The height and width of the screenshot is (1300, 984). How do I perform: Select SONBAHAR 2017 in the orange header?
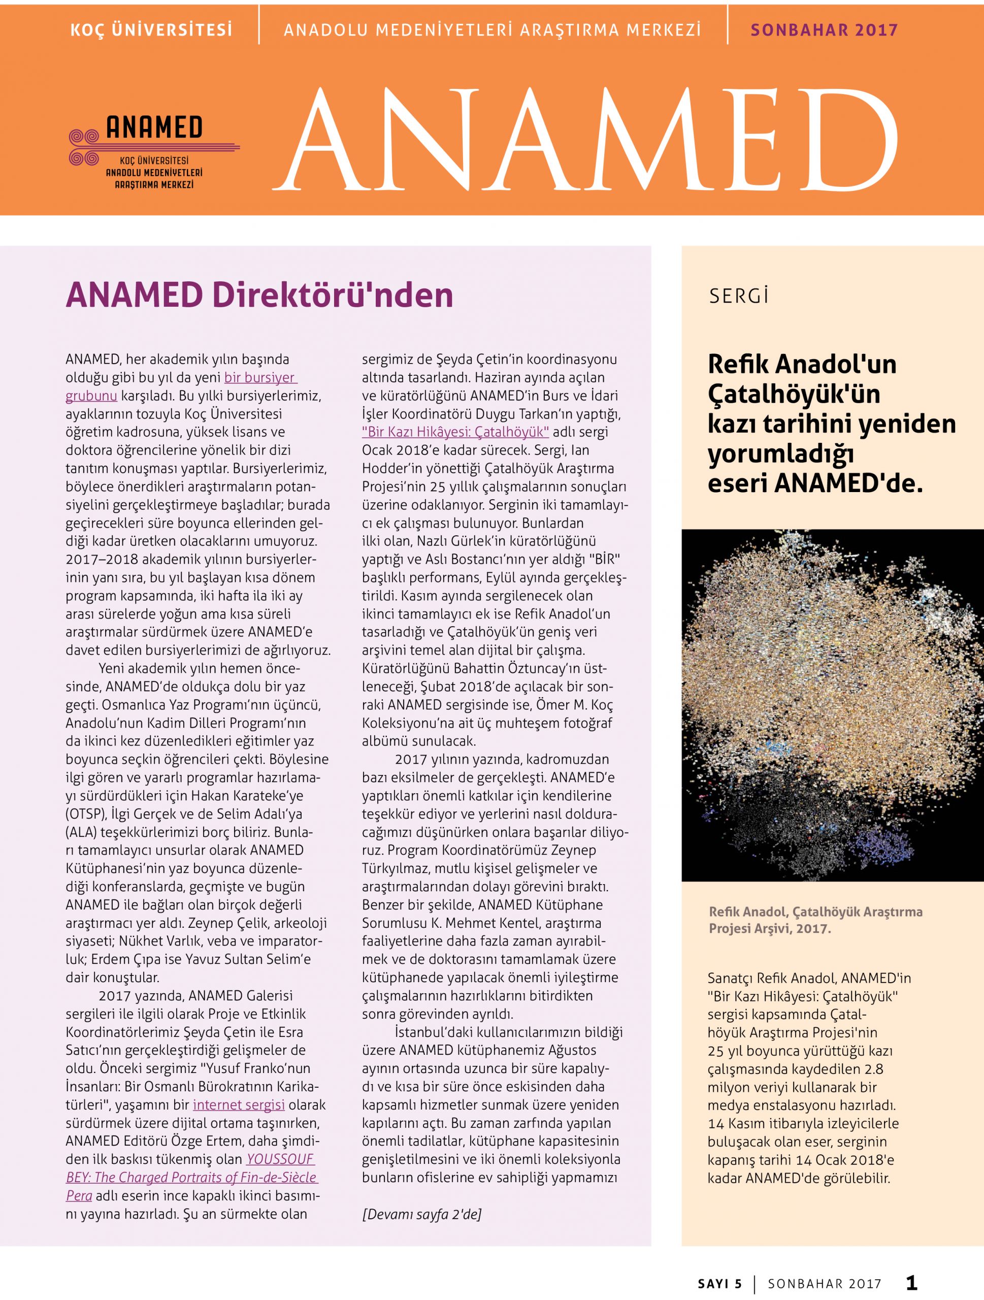(x=824, y=30)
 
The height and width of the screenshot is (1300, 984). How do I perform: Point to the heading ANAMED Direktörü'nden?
(x=259, y=296)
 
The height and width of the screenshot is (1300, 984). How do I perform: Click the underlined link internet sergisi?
(x=239, y=1104)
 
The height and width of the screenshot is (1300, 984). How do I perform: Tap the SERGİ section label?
(x=738, y=296)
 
